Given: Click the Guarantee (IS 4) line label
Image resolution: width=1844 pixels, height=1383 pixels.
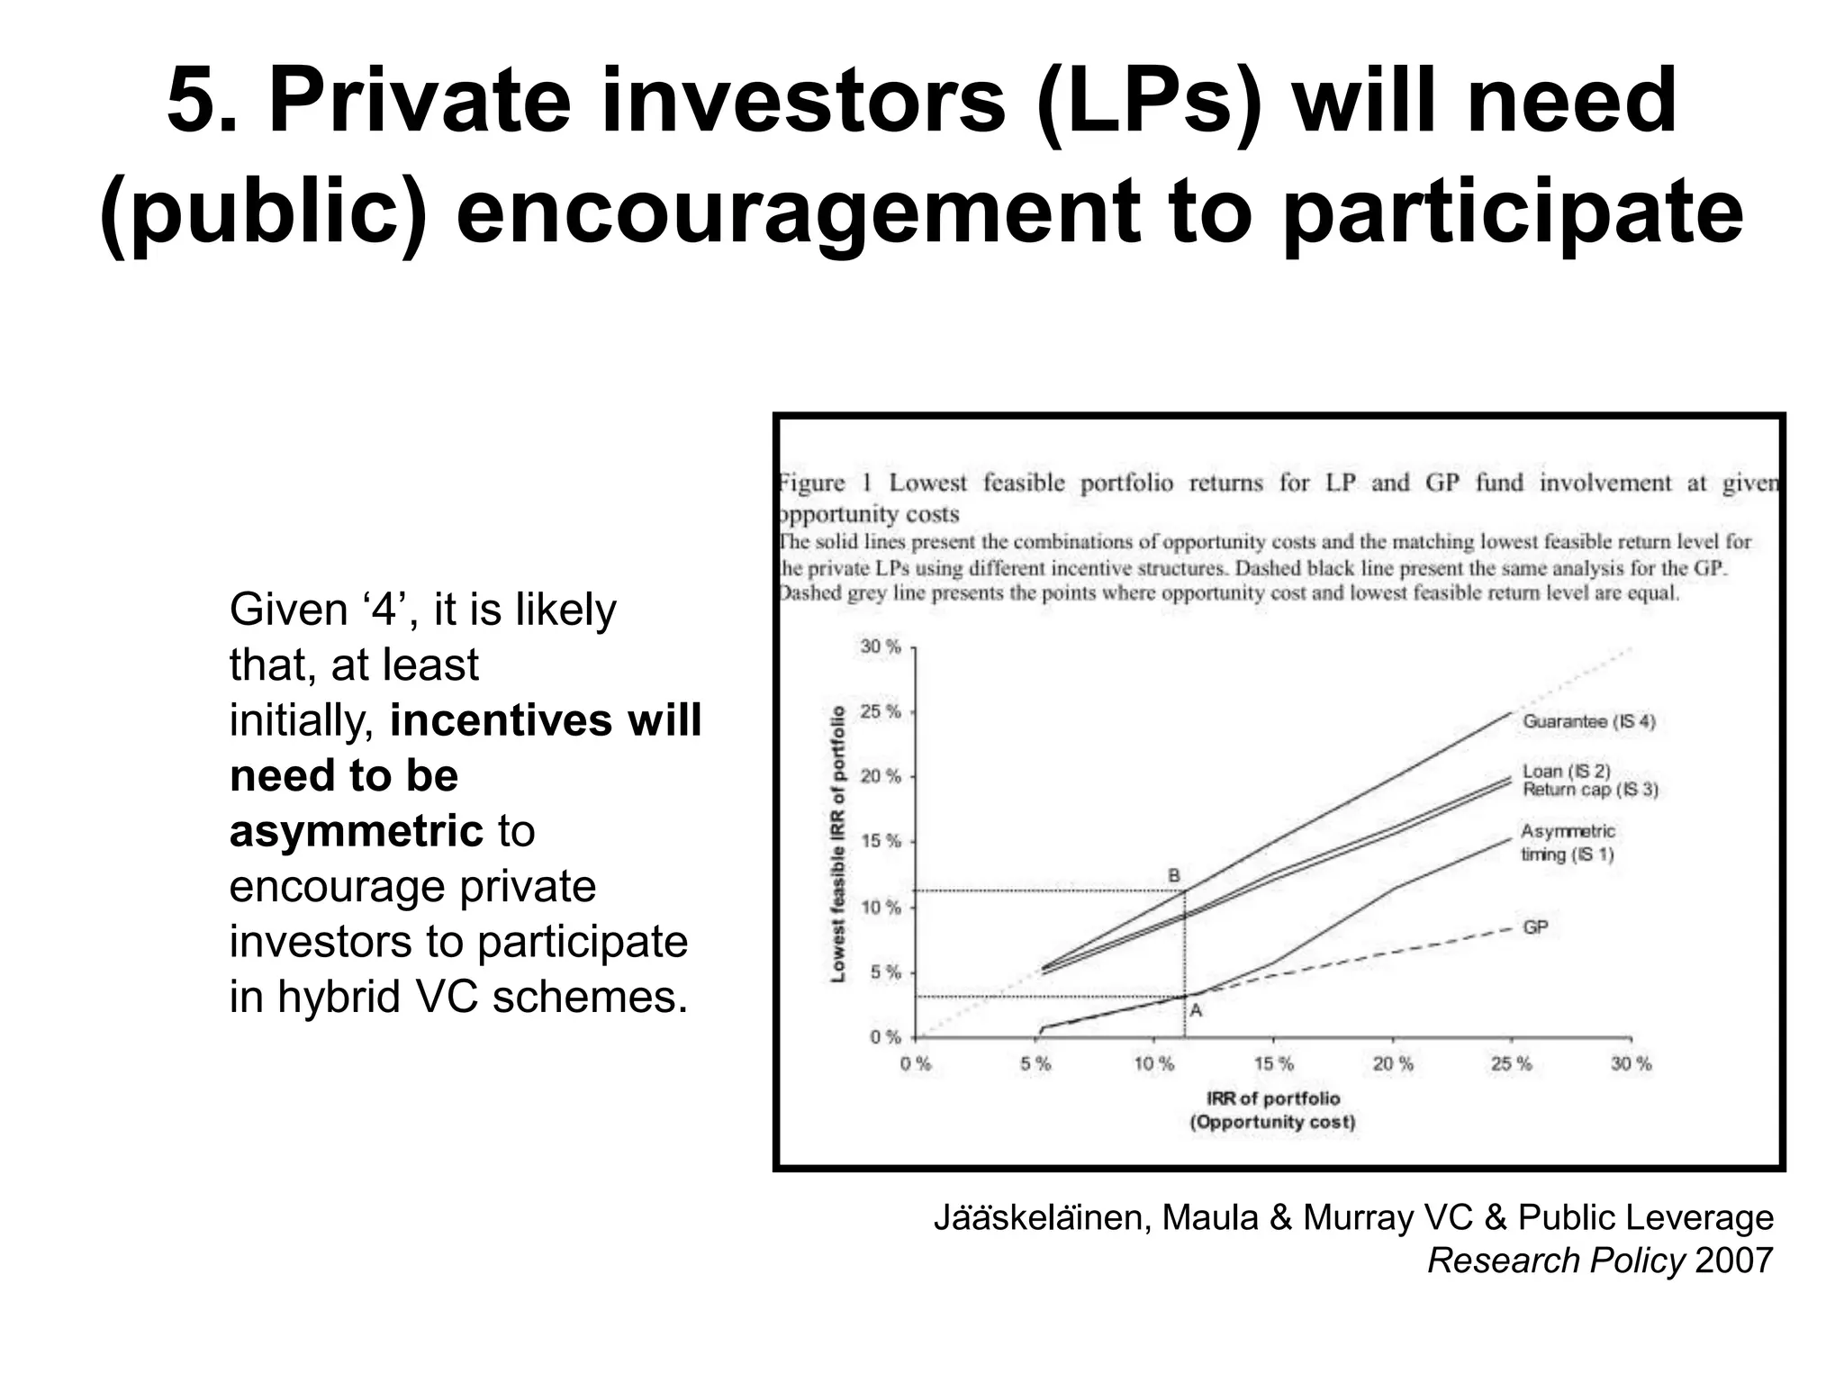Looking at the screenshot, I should (1588, 721).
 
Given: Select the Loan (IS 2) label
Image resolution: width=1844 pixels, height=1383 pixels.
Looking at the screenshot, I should (1566, 771).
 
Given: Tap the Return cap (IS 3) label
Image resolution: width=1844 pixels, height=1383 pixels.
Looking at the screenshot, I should (1589, 790).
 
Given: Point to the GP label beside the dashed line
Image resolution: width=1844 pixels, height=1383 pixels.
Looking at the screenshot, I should (1535, 927).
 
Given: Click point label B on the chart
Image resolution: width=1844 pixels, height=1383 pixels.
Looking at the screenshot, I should (1173, 875).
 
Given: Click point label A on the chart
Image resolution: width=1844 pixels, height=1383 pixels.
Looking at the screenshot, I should (1196, 1011).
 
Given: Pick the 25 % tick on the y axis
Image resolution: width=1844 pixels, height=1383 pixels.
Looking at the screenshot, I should (881, 712).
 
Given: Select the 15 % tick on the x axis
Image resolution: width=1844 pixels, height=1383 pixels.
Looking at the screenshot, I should (1273, 1064).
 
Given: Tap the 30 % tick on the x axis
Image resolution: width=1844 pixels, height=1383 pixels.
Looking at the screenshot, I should (1631, 1064).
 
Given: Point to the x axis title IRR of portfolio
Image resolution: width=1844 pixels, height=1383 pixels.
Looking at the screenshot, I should (1272, 1098).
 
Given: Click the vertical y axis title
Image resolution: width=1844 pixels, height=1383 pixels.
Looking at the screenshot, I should (838, 844).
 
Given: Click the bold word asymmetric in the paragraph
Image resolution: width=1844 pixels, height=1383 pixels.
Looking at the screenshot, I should (357, 830).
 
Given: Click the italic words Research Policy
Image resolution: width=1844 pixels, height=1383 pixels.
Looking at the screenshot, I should (1555, 1261).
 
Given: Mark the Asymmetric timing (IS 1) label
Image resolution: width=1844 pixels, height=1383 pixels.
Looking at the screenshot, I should (1567, 843).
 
